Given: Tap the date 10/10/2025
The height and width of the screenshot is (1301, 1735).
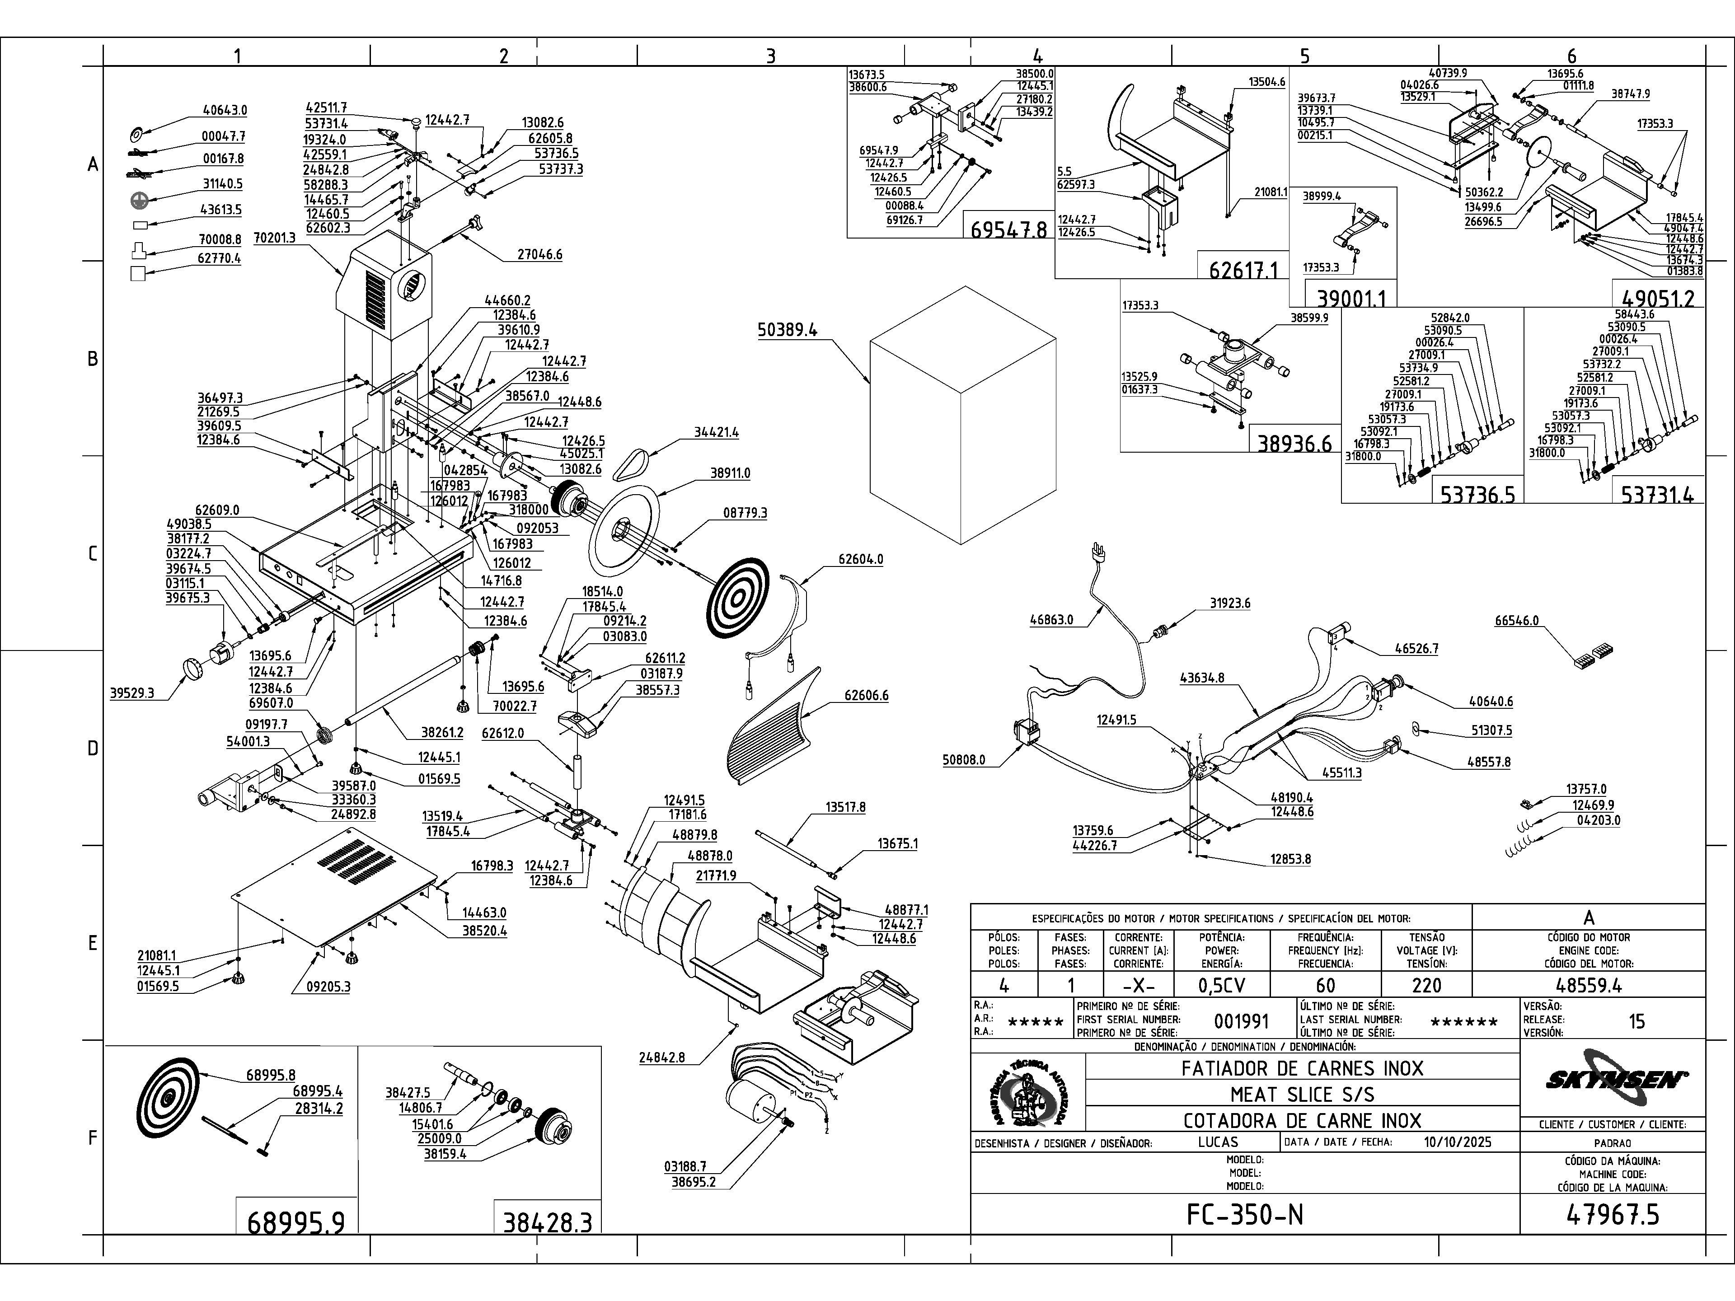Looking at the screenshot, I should pyautogui.click(x=1457, y=1142).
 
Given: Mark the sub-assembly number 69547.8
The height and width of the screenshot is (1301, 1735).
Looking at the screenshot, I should pyautogui.click(x=1008, y=230).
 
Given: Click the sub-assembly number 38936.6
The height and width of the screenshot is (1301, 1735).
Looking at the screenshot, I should pyautogui.click(x=1294, y=444).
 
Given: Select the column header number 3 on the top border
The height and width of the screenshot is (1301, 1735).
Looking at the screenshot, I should pyautogui.click(x=770, y=56).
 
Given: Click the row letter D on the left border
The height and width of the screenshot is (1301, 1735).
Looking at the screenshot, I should pyautogui.click(x=93, y=748).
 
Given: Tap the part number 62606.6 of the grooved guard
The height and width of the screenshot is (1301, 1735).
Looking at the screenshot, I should pyautogui.click(x=866, y=696).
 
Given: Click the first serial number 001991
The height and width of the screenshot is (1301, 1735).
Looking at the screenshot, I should pyautogui.click(x=1241, y=1021).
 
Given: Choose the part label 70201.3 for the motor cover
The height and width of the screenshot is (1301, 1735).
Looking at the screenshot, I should pyautogui.click(x=275, y=238).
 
